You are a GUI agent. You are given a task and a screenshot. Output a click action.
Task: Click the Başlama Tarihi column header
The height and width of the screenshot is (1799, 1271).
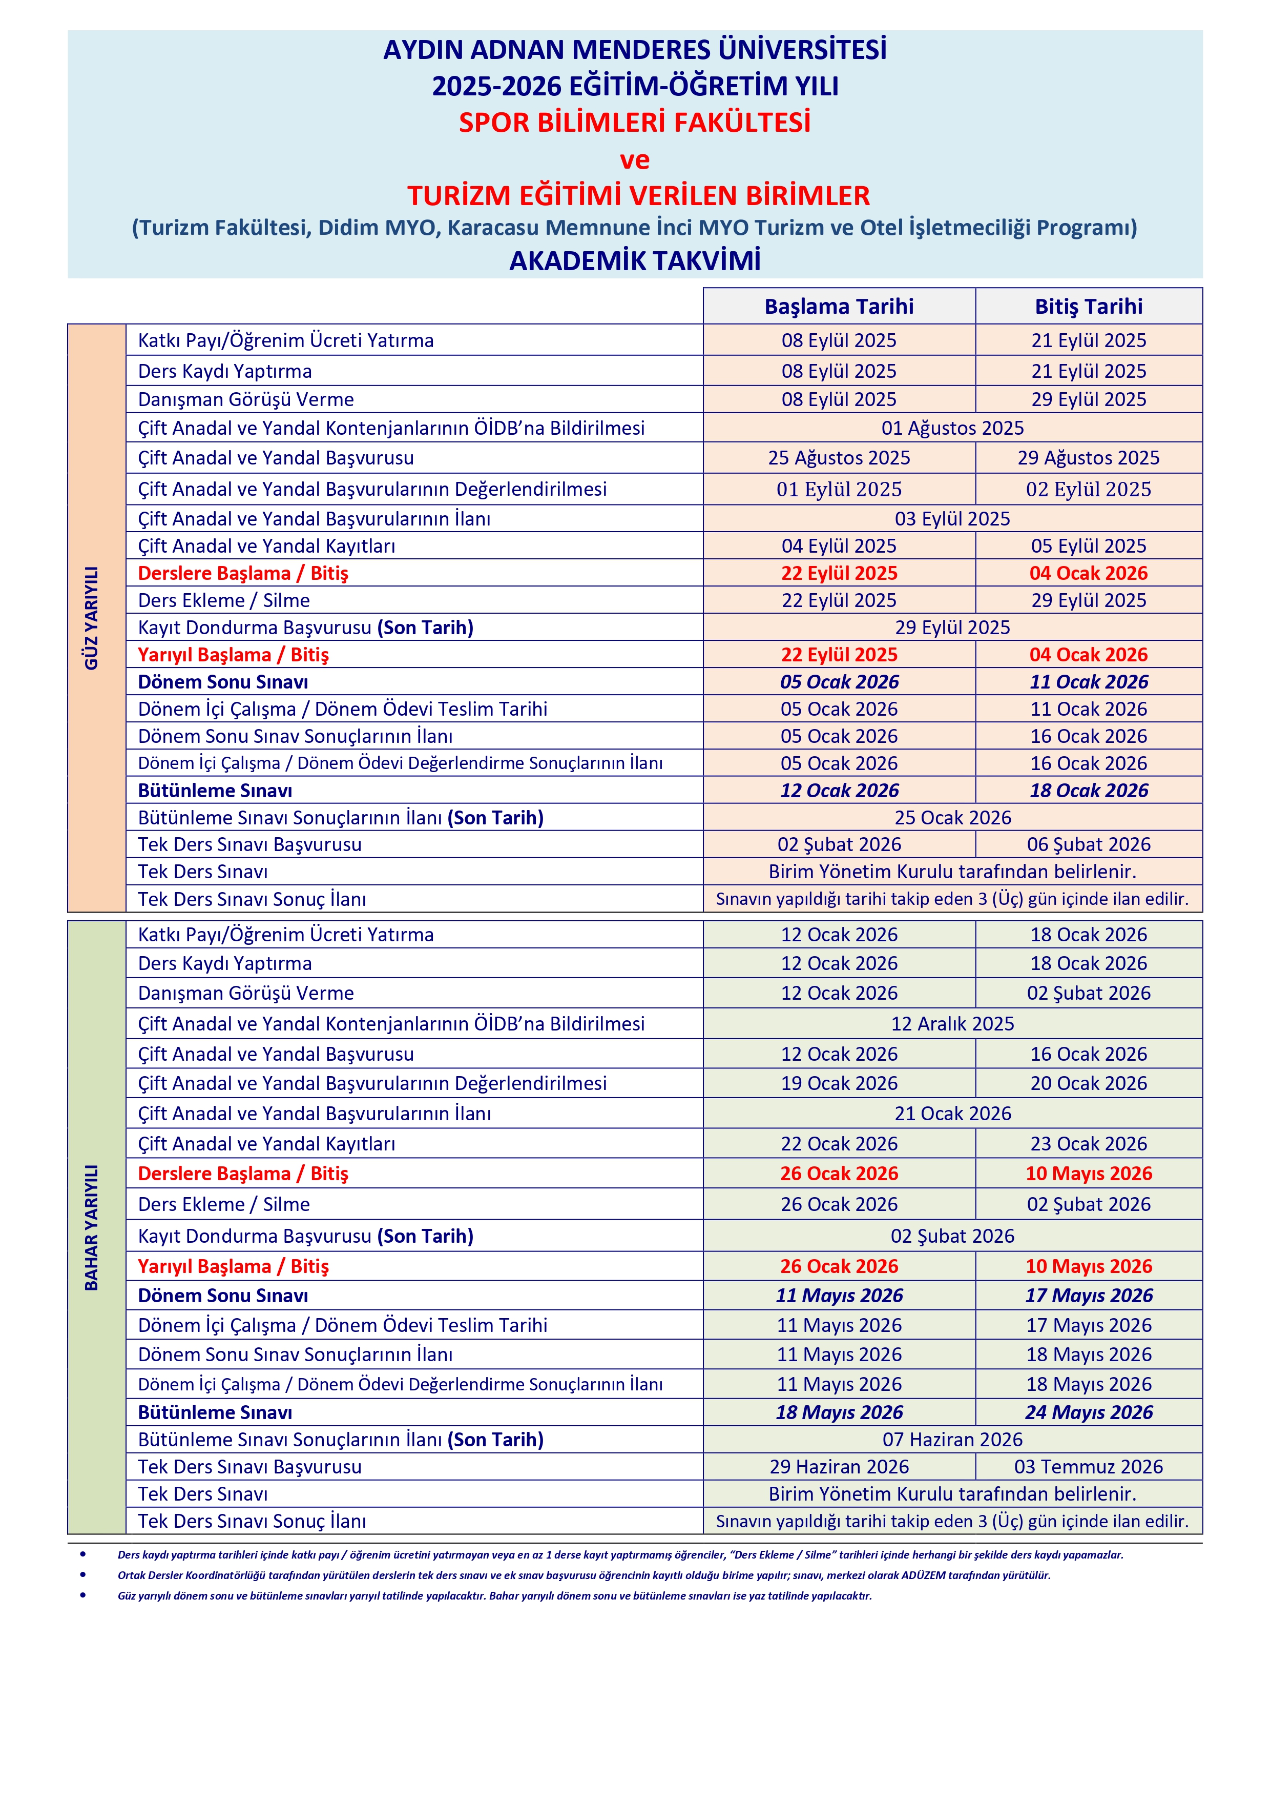(839, 307)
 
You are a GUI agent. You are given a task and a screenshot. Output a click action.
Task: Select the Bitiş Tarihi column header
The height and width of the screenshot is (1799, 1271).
(1089, 307)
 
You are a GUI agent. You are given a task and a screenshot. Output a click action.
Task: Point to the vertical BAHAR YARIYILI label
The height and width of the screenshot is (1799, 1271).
(92, 1227)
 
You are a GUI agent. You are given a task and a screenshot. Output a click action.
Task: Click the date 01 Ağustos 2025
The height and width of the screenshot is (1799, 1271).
(952, 428)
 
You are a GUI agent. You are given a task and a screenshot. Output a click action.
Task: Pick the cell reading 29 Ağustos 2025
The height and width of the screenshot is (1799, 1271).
(1089, 458)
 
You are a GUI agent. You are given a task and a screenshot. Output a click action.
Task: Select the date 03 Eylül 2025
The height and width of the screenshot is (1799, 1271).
(952, 519)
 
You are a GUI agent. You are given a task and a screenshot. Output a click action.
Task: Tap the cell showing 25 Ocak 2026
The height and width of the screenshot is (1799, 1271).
(952, 817)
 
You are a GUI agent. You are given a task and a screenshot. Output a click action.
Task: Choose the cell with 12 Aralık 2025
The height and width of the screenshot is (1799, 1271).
(952, 1023)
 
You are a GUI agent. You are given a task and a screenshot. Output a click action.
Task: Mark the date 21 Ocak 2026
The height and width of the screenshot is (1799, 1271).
(952, 1114)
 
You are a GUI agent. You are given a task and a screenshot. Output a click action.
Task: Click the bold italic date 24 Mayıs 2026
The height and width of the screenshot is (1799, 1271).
(1089, 1412)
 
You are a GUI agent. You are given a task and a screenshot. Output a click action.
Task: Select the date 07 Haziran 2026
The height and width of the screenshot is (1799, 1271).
(952, 1440)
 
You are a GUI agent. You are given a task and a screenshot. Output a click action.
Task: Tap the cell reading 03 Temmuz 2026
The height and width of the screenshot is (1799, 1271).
(1089, 1467)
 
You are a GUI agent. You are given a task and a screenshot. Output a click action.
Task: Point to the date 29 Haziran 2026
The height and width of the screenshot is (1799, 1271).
(839, 1467)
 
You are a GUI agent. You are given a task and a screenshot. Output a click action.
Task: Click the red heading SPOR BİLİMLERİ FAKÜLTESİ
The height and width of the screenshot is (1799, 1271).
(634, 123)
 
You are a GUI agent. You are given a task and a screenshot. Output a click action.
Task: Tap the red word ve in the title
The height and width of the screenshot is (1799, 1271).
(634, 160)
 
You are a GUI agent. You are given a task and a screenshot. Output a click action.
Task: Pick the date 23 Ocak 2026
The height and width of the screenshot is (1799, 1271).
(1089, 1143)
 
